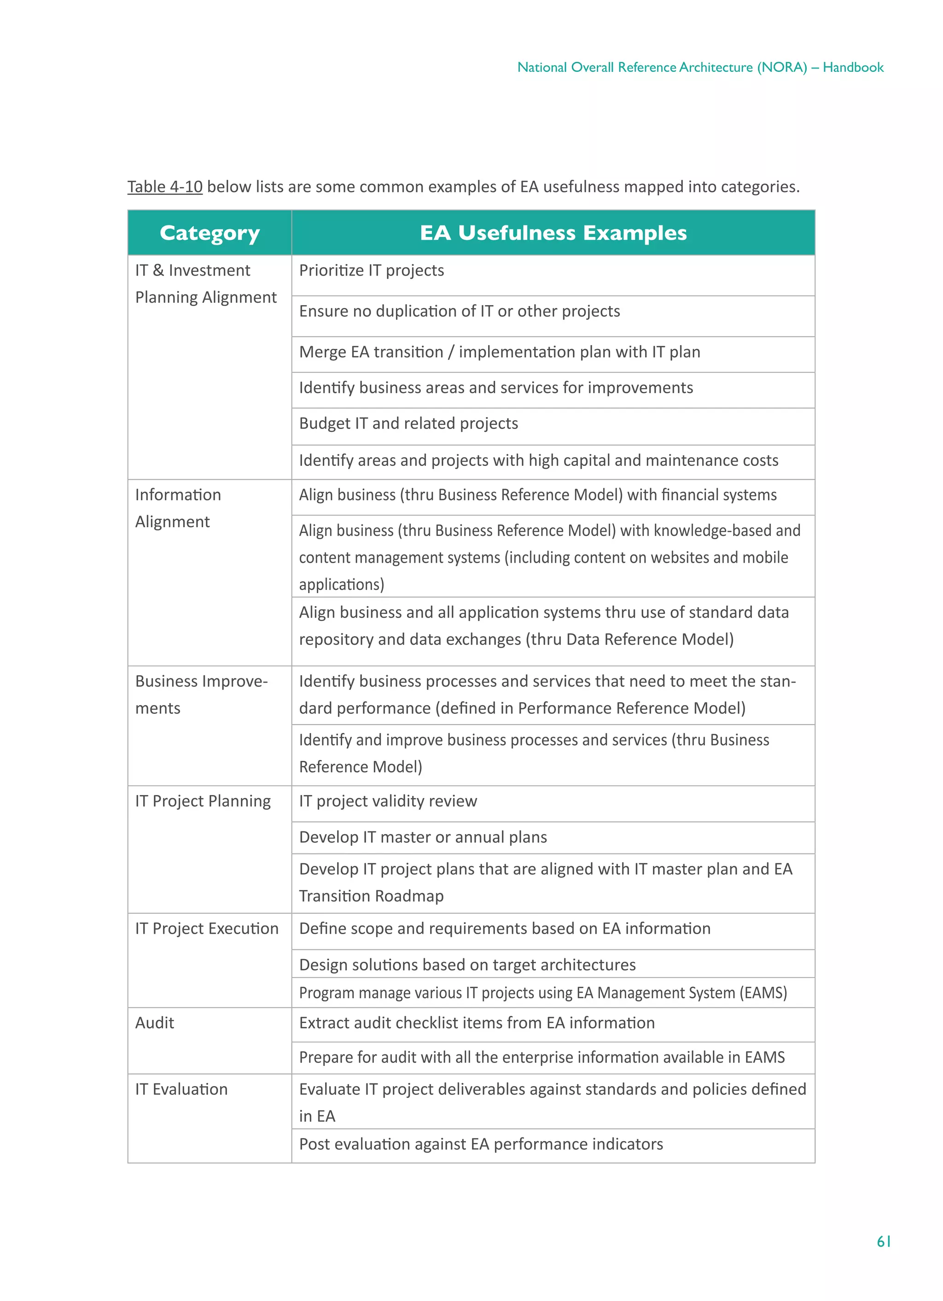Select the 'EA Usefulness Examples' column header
click(553, 233)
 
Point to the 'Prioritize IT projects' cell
click(372, 271)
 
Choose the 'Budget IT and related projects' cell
click(408, 424)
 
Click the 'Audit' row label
click(155, 1023)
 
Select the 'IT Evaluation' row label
click(181, 1089)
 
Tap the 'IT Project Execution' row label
click(206, 929)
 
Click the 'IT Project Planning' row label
click(202, 801)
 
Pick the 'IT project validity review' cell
click(388, 801)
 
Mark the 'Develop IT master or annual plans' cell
click(423, 837)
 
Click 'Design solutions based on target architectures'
click(467, 965)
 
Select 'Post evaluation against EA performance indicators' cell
click(480, 1144)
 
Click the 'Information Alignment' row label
click(178, 508)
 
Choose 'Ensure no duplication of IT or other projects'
click(459, 312)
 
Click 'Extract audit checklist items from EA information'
click(477, 1023)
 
